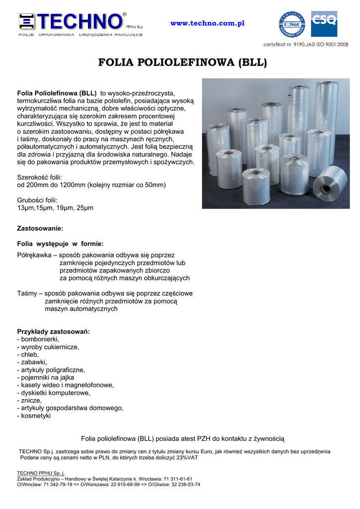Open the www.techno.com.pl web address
click(x=207, y=24)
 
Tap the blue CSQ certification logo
click(x=324, y=24)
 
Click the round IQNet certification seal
click(x=292, y=24)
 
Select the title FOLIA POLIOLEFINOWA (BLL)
click(x=182, y=63)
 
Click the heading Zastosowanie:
click(x=40, y=228)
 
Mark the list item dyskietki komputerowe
click(x=55, y=393)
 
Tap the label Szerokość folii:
click(x=40, y=177)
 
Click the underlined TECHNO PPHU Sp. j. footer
click(x=41, y=473)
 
